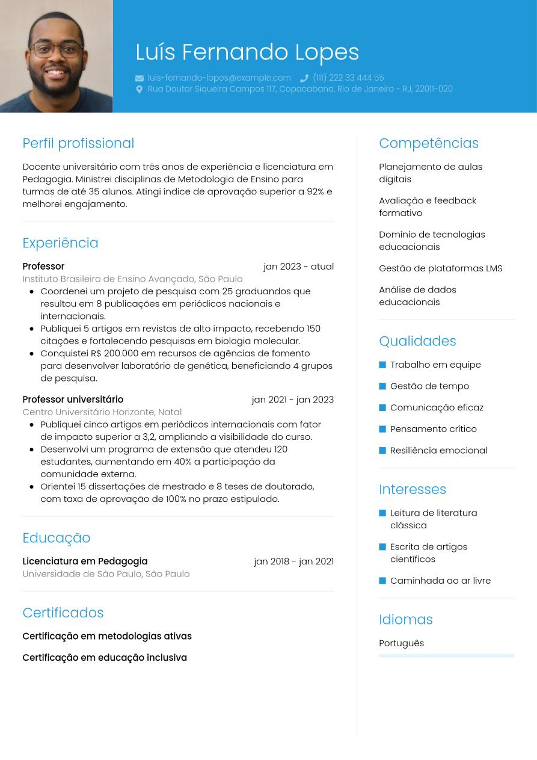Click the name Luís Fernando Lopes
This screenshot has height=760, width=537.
click(x=247, y=52)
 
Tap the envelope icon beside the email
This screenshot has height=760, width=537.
click(x=140, y=78)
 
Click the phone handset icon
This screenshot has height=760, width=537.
click(x=304, y=78)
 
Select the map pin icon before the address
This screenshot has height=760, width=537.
click(x=140, y=89)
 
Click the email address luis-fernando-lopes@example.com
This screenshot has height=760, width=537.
click(x=219, y=78)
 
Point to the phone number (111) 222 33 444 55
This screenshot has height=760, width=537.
click(x=348, y=78)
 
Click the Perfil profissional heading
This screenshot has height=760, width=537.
click(x=78, y=143)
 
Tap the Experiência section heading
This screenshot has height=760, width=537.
click(x=60, y=243)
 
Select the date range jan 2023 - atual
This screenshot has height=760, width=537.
click(x=298, y=267)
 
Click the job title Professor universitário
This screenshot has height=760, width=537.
click(x=73, y=400)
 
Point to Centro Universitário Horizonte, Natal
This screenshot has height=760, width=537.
click(x=102, y=412)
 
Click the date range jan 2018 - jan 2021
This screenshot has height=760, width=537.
click(x=293, y=561)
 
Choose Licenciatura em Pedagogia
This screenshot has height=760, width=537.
click(x=85, y=561)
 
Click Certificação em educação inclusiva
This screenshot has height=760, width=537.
click(x=105, y=658)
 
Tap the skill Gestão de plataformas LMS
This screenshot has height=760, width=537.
click(x=440, y=268)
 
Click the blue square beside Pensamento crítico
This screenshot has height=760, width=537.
click(x=382, y=429)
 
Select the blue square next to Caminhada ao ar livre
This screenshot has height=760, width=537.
click(x=382, y=581)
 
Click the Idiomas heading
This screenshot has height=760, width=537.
click(x=406, y=619)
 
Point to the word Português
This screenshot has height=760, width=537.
click(x=401, y=643)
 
